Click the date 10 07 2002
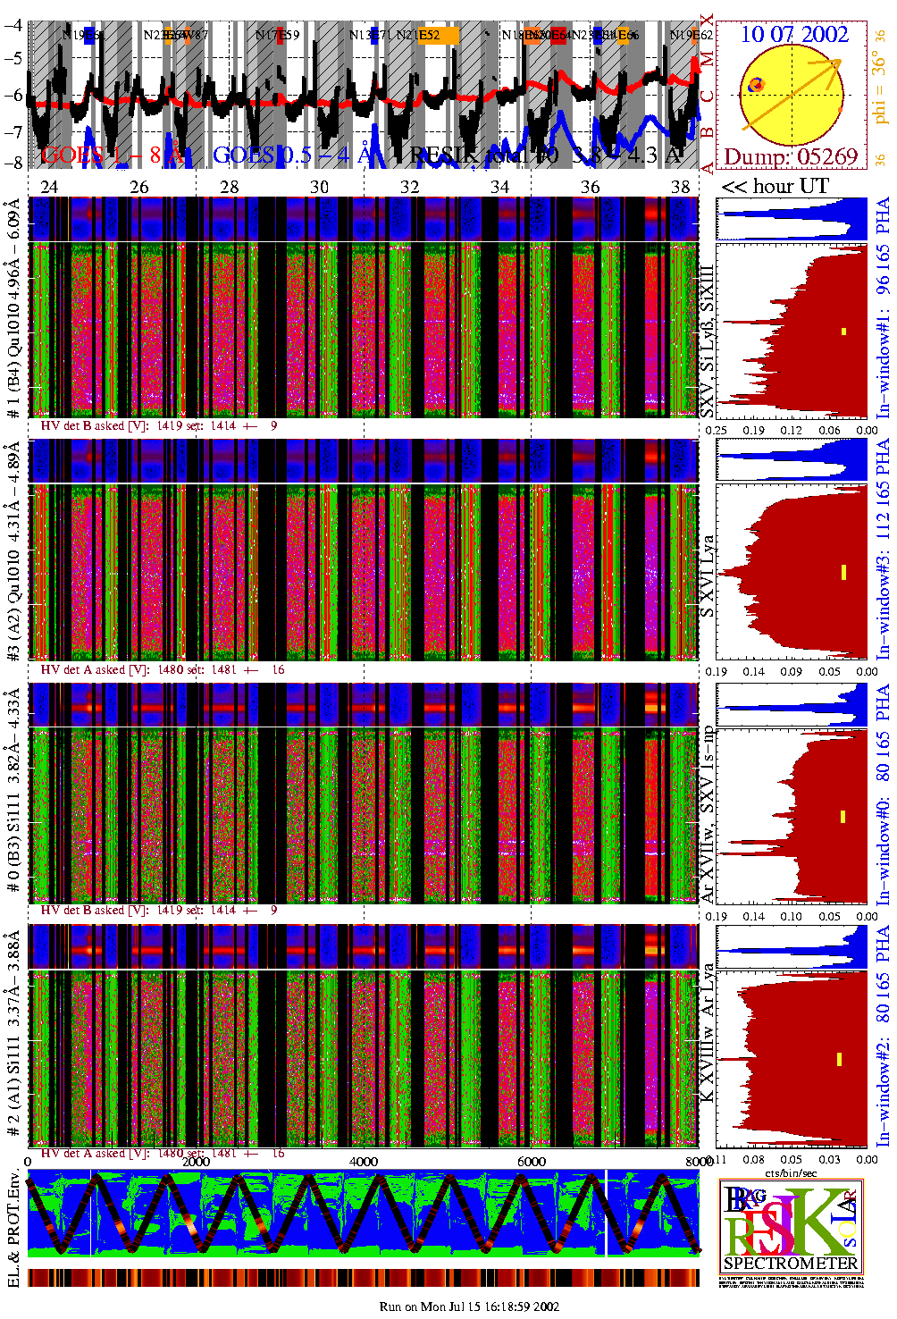(x=794, y=35)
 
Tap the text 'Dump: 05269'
(x=790, y=157)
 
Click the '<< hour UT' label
(x=775, y=186)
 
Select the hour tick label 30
(x=319, y=187)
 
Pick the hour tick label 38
(x=681, y=187)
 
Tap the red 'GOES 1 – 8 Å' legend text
(x=113, y=155)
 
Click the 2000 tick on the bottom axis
(x=196, y=1161)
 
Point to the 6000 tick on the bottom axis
(x=532, y=1161)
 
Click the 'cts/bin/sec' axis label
(x=791, y=1172)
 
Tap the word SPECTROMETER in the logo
(x=790, y=1264)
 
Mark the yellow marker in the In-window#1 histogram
(x=843, y=332)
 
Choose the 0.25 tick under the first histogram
(x=717, y=430)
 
